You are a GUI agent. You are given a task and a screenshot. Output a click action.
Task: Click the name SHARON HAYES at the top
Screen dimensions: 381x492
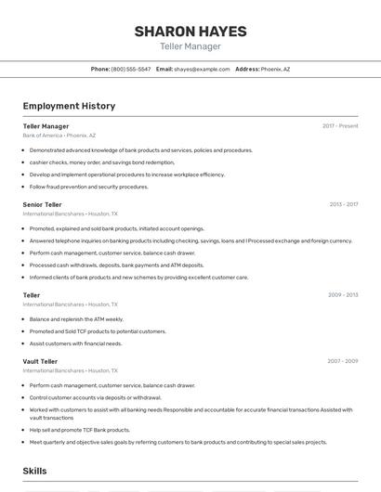[x=190, y=32]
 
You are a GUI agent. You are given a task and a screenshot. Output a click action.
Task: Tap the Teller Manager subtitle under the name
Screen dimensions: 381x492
[x=190, y=45]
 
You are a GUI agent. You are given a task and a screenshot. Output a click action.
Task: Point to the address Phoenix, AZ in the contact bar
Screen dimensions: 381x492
[x=275, y=69]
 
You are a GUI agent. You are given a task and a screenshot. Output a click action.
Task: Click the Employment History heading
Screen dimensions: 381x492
[x=69, y=106]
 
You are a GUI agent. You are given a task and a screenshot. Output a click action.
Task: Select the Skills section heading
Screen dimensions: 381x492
[x=35, y=472]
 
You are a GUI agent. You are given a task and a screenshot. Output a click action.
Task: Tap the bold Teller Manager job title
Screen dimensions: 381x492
[x=46, y=126]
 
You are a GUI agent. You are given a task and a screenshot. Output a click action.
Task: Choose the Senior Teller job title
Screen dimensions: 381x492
[x=42, y=204]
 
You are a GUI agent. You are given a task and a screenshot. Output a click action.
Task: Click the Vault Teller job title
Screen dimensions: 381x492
[x=40, y=361]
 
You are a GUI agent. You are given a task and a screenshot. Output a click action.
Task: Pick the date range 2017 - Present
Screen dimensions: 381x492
[x=340, y=126]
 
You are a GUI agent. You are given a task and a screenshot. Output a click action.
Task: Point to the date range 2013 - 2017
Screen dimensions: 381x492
[x=343, y=204]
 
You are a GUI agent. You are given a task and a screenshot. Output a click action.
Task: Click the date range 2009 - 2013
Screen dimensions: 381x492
[x=343, y=295]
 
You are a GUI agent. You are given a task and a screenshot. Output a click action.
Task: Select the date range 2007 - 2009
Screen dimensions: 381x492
[x=342, y=361]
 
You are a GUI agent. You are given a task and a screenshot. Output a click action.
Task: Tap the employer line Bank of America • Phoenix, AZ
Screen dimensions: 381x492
[x=60, y=136]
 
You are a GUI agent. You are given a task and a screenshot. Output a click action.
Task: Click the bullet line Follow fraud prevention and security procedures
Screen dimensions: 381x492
[x=88, y=187]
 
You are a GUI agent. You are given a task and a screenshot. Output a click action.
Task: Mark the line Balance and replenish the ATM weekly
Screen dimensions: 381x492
[x=76, y=319]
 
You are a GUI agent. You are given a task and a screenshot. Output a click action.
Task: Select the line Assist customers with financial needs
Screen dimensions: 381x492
[x=75, y=343]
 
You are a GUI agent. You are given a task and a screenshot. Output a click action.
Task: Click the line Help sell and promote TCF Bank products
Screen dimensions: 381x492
[x=79, y=430]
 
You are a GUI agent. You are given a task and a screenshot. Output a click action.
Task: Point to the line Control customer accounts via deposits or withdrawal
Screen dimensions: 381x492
[x=95, y=397]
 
